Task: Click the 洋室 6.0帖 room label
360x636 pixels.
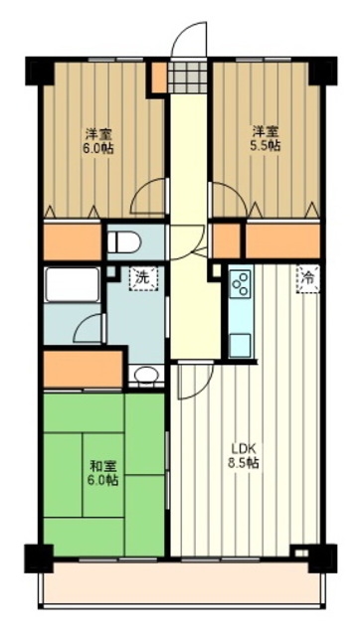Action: coord(95,139)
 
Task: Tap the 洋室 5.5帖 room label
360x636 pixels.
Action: coord(265,138)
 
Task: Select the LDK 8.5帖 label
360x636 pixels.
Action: coord(244,456)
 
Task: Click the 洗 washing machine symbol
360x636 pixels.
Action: coord(144,278)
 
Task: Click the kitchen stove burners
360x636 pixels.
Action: coord(242,286)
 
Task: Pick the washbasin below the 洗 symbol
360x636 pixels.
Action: coord(145,376)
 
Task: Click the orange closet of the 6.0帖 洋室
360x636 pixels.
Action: coord(72,241)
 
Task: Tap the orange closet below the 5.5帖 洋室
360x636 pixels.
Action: coord(282,240)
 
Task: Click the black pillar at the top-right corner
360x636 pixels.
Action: coord(320,72)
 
